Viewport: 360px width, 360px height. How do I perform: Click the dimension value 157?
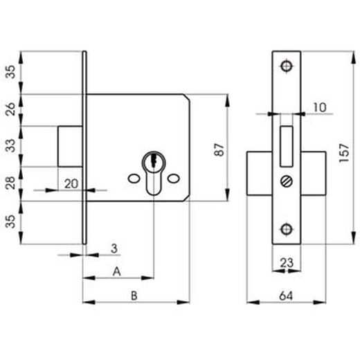pyautogui.click(x=344, y=153)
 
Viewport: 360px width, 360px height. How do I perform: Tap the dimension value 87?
pyautogui.click(x=219, y=150)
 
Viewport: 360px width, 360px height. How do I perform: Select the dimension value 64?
pyautogui.click(x=286, y=296)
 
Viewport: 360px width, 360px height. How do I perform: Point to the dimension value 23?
pyautogui.click(x=287, y=262)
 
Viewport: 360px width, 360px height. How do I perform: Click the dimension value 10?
pyautogui.click(x=320, y=107)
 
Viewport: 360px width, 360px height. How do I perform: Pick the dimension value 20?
pyautogui.click(x=71, y=184)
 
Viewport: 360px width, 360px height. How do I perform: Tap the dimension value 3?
pyautogui.click(x=114, y=249)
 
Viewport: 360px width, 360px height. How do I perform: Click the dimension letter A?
pyautogui.click(x=117, y=271)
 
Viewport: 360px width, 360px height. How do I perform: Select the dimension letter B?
pyautogui.click(x=134, y=296)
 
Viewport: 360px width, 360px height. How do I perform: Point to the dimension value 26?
pyautogui.click(x=10, y=109)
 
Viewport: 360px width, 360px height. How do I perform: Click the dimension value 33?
pyautogui.click(x=10, y=145)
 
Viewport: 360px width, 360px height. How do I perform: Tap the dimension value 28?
pyautogui.click(x=10, y=183)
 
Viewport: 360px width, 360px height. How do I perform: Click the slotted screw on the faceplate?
pyautogui.click(x=287, y=181)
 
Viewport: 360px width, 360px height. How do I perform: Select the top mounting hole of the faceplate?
pyautogui.click(x=287, y=66)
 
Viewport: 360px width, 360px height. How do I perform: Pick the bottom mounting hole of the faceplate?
pyautogui.click(x=287, y=229)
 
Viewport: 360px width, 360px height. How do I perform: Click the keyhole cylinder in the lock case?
pyautogui.click(x=154, y=172)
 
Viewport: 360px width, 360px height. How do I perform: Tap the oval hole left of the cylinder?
pyautogui.click(x=134, y=178)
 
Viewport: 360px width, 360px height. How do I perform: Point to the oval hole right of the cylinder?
pyautogui.click(x=174, y=178)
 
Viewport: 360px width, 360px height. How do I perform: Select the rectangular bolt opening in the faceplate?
pyautogui.click(x=287, y=146)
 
